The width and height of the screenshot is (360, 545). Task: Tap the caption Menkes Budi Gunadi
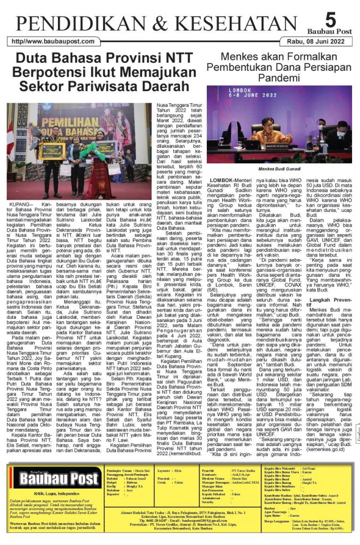pyautogui.click(x=279, y=169)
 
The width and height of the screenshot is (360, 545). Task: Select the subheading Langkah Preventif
pyautogui.click(x=331, y=300)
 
